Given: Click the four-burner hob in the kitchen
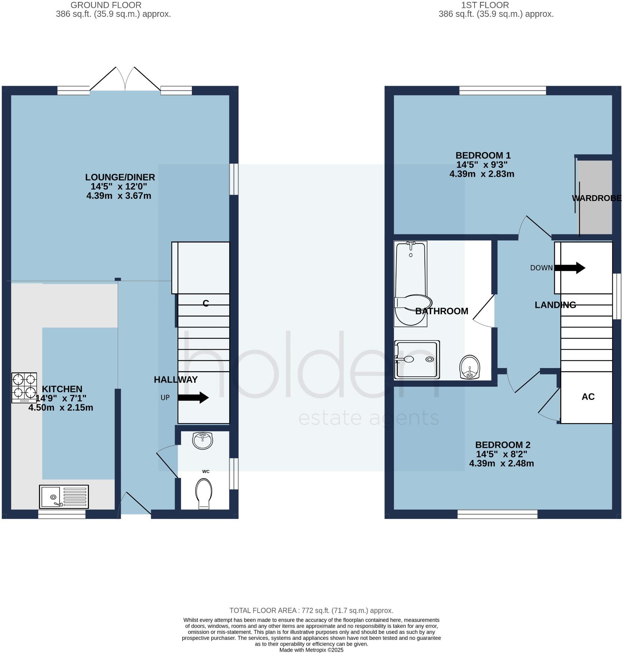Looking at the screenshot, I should tap(24, 388).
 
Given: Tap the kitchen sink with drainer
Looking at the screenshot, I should tap(64, 496).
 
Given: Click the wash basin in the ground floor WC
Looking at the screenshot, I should tap(203, 441).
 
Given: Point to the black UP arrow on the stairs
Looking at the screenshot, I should tap(193, 397).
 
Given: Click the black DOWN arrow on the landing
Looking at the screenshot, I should tap(570, 268).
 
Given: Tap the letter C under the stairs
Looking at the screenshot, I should tap(205, 303).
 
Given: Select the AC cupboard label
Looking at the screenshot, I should tap(588, 397).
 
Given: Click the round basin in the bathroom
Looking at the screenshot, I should tap(470, 367).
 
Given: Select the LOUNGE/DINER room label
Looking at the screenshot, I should tap(120, 177).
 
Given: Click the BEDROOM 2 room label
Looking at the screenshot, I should tap(502, 445).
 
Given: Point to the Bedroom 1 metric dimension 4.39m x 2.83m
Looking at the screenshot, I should tap(482, 174).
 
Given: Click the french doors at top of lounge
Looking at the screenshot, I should tap(126, 79).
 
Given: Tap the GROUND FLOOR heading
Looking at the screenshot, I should tap(106, 5).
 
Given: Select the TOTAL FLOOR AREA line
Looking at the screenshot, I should tap(311, 611).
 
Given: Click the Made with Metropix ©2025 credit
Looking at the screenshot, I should tap(311, 650).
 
